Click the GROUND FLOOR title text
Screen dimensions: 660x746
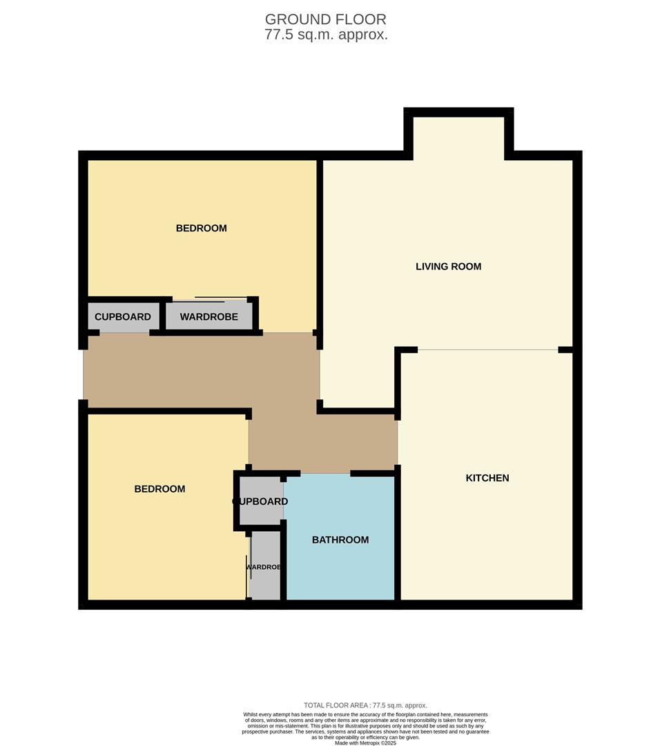point(325,19)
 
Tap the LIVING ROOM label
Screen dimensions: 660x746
point(449,267)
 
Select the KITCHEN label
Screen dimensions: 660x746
point(487,478)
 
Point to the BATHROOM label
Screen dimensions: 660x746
point(340,540)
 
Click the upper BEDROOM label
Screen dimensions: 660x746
point(201,229)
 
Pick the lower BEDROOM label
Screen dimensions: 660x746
point(159,489)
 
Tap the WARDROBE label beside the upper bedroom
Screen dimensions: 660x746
point(208,317)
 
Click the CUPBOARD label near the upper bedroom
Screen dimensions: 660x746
point(123,317)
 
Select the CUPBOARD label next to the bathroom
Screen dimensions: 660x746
point(260,501)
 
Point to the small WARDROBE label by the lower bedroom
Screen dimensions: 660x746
point(264,567)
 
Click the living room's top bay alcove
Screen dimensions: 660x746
point(458,138)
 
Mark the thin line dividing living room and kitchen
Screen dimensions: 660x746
point(487,350)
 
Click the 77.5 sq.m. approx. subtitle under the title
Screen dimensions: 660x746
point(326,35)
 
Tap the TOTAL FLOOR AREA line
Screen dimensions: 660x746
point(365,705)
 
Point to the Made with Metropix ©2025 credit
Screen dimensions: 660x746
point(365,743)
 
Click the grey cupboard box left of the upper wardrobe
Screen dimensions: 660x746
point(124,316)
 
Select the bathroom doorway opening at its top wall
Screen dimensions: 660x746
point(326,473)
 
